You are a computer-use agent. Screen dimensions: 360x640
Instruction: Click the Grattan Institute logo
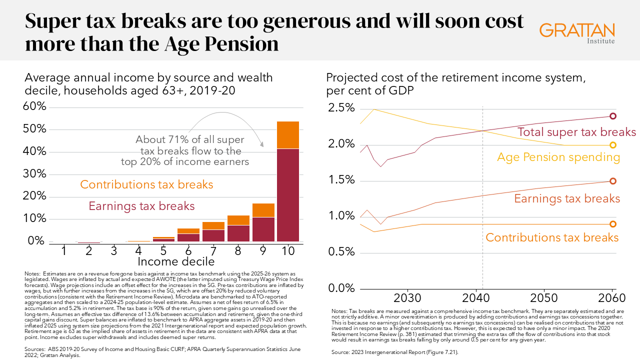(x=577, y=33)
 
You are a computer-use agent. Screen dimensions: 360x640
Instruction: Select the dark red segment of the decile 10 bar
(x=288, y=195)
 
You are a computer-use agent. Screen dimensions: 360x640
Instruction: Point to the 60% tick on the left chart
(x=35, y=107)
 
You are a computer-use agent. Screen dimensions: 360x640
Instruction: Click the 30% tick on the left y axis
(x=35, y=174)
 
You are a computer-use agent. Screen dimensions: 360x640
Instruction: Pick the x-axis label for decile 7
(x=213, y=250)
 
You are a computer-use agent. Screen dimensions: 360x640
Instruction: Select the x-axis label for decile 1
(x=64, y=250)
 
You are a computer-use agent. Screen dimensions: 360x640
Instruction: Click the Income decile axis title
(x=176, y=261)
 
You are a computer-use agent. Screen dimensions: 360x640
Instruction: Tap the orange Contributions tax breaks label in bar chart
(x=146, y=184)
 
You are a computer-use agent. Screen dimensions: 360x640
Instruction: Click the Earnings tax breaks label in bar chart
(x=141, y=206)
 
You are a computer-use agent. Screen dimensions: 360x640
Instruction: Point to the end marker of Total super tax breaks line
(x=612, y=116)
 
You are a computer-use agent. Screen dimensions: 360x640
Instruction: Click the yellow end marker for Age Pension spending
(x=612, y=145)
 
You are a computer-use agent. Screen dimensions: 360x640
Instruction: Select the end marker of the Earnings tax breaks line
(x=612, y=181)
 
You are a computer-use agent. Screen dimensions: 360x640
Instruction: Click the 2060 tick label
(x=612, y=298)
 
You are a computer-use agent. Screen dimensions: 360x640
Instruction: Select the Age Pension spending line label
(x=558, y=157)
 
